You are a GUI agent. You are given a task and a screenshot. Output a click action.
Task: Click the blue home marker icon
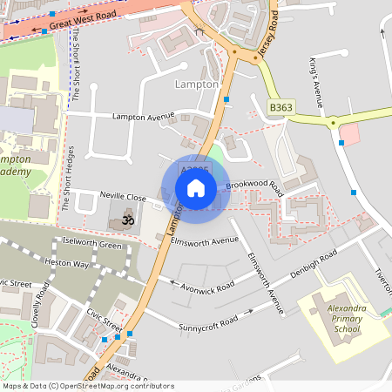pyautogui.click(x=196, y=187)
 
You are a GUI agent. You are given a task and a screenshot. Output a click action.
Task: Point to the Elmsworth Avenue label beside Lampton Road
pyautogui.click(x=205, y=240)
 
